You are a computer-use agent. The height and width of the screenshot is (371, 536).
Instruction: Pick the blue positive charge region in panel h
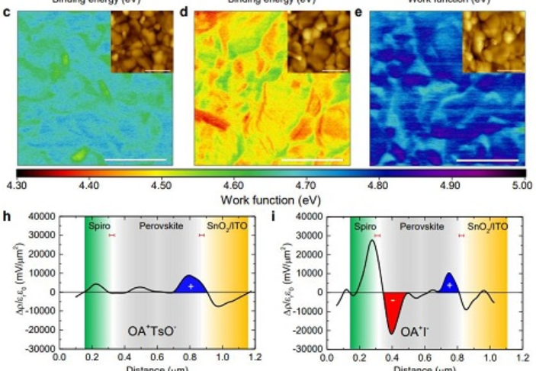[x=191, y=283]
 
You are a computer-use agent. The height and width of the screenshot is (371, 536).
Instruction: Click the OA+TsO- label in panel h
[x=162, y=331]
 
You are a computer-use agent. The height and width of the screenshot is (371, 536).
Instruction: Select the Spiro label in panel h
[x=99, y=227]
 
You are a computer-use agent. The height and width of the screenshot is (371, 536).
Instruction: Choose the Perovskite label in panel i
[x=422, y=227]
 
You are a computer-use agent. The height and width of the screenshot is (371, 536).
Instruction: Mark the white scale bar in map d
[x=312, y=160]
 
